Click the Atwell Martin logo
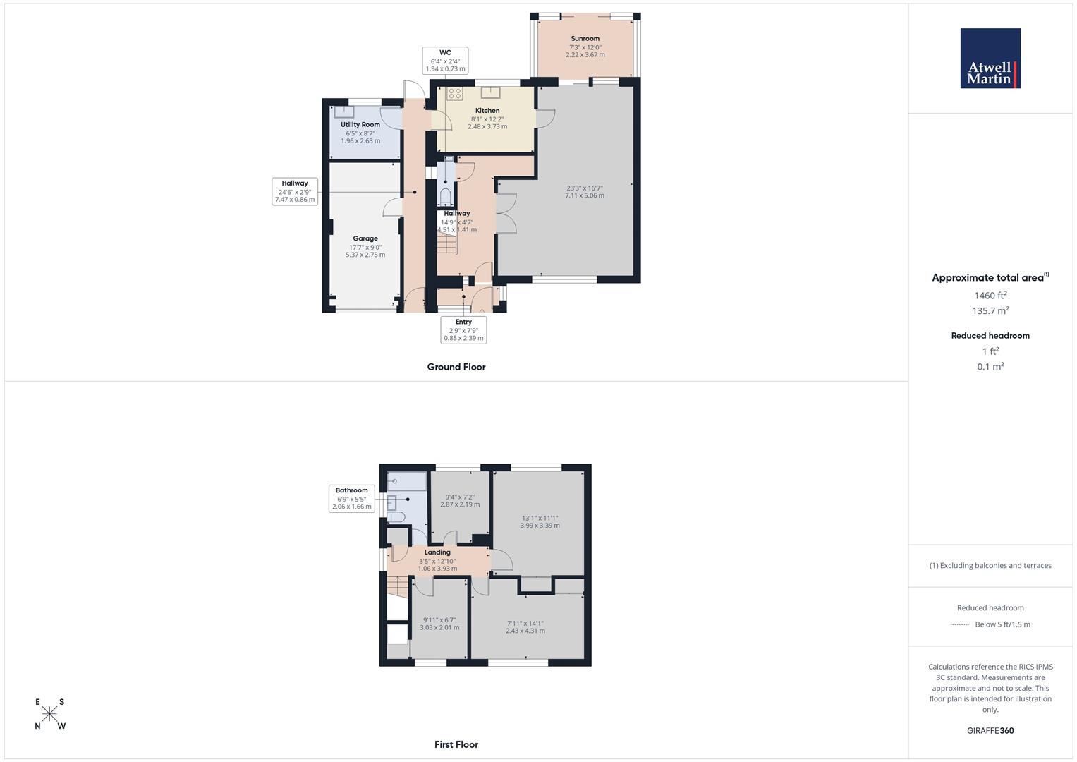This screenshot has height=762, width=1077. click(x=990, y=59)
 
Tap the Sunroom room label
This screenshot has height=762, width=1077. click(x=585, y=39)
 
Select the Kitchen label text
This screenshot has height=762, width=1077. click(x=487, y=111)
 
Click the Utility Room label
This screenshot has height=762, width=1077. click(x=360, y=125)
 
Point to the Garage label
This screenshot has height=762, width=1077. click(x=365, y=238)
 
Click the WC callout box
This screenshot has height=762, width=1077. click(x=445, y=61)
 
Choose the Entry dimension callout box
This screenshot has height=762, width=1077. click(x=463, y=329)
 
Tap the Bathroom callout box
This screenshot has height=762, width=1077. click(x=351, y=498)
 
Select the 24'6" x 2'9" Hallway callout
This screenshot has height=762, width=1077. click(x=295, y=191)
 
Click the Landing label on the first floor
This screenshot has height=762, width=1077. click(x=437, y=552)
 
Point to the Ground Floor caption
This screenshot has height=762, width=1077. click(x=456, y=367)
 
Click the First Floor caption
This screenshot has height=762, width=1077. click(x=456, y=744)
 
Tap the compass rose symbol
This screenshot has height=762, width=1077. click(x=49, y=714)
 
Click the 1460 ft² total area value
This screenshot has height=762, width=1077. click(x=990, y=296)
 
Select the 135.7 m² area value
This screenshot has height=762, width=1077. click(x=990, y=311)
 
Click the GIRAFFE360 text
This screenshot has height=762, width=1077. click(x=990, y=731)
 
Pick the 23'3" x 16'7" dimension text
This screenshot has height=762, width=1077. click(x=585, y=188)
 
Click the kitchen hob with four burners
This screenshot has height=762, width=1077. click(x=455, y=94)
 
